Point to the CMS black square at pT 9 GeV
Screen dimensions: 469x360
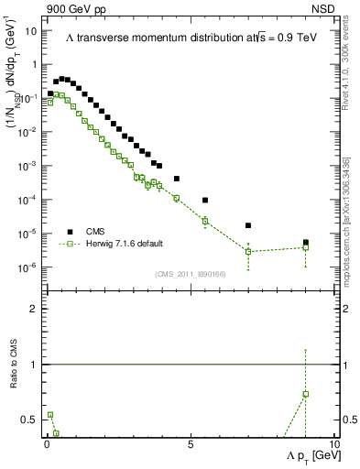coord(306,243)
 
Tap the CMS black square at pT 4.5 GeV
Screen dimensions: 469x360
coord(177,179)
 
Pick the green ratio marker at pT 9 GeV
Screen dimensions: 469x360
coord(306,394)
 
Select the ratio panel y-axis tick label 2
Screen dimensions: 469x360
coord(33,309)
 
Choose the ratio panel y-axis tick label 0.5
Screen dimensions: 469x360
coord(29,420)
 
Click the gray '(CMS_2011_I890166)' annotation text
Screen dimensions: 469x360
coord(190,273)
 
